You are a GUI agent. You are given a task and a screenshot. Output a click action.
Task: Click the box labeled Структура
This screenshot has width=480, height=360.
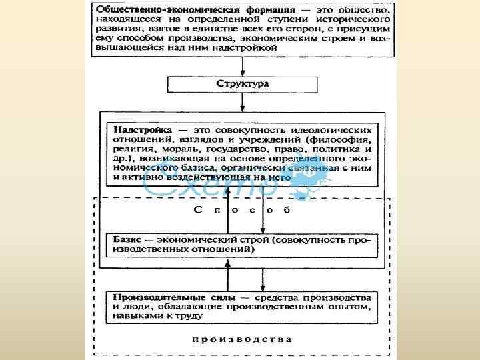(243, 85)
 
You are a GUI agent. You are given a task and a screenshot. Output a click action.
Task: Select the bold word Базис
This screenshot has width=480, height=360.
(128, 239)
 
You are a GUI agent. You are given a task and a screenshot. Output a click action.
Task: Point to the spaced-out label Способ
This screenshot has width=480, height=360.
(243, 211)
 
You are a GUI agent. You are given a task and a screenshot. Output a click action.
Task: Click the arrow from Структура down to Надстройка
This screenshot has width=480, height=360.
(243, 104)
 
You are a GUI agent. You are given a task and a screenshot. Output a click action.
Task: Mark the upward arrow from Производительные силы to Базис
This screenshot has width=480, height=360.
(228, 275)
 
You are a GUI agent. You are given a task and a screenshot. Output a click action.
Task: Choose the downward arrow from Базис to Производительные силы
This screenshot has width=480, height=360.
(261, 275)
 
